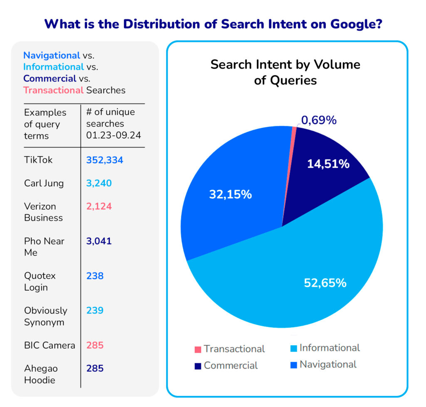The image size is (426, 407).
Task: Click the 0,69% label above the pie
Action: pos(319,120)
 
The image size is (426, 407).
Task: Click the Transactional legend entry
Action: pos(230,349)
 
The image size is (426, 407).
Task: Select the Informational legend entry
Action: pos(325,348)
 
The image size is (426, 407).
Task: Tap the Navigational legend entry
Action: pos(323,365)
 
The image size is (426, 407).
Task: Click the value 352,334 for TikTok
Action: pos(105,160)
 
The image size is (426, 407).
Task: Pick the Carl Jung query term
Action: pos(44,183)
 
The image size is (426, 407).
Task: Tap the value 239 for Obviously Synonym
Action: pos(95,311)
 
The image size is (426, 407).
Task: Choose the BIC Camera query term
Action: pos(50,346)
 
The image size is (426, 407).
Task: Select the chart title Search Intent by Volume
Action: pos(285,71)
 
